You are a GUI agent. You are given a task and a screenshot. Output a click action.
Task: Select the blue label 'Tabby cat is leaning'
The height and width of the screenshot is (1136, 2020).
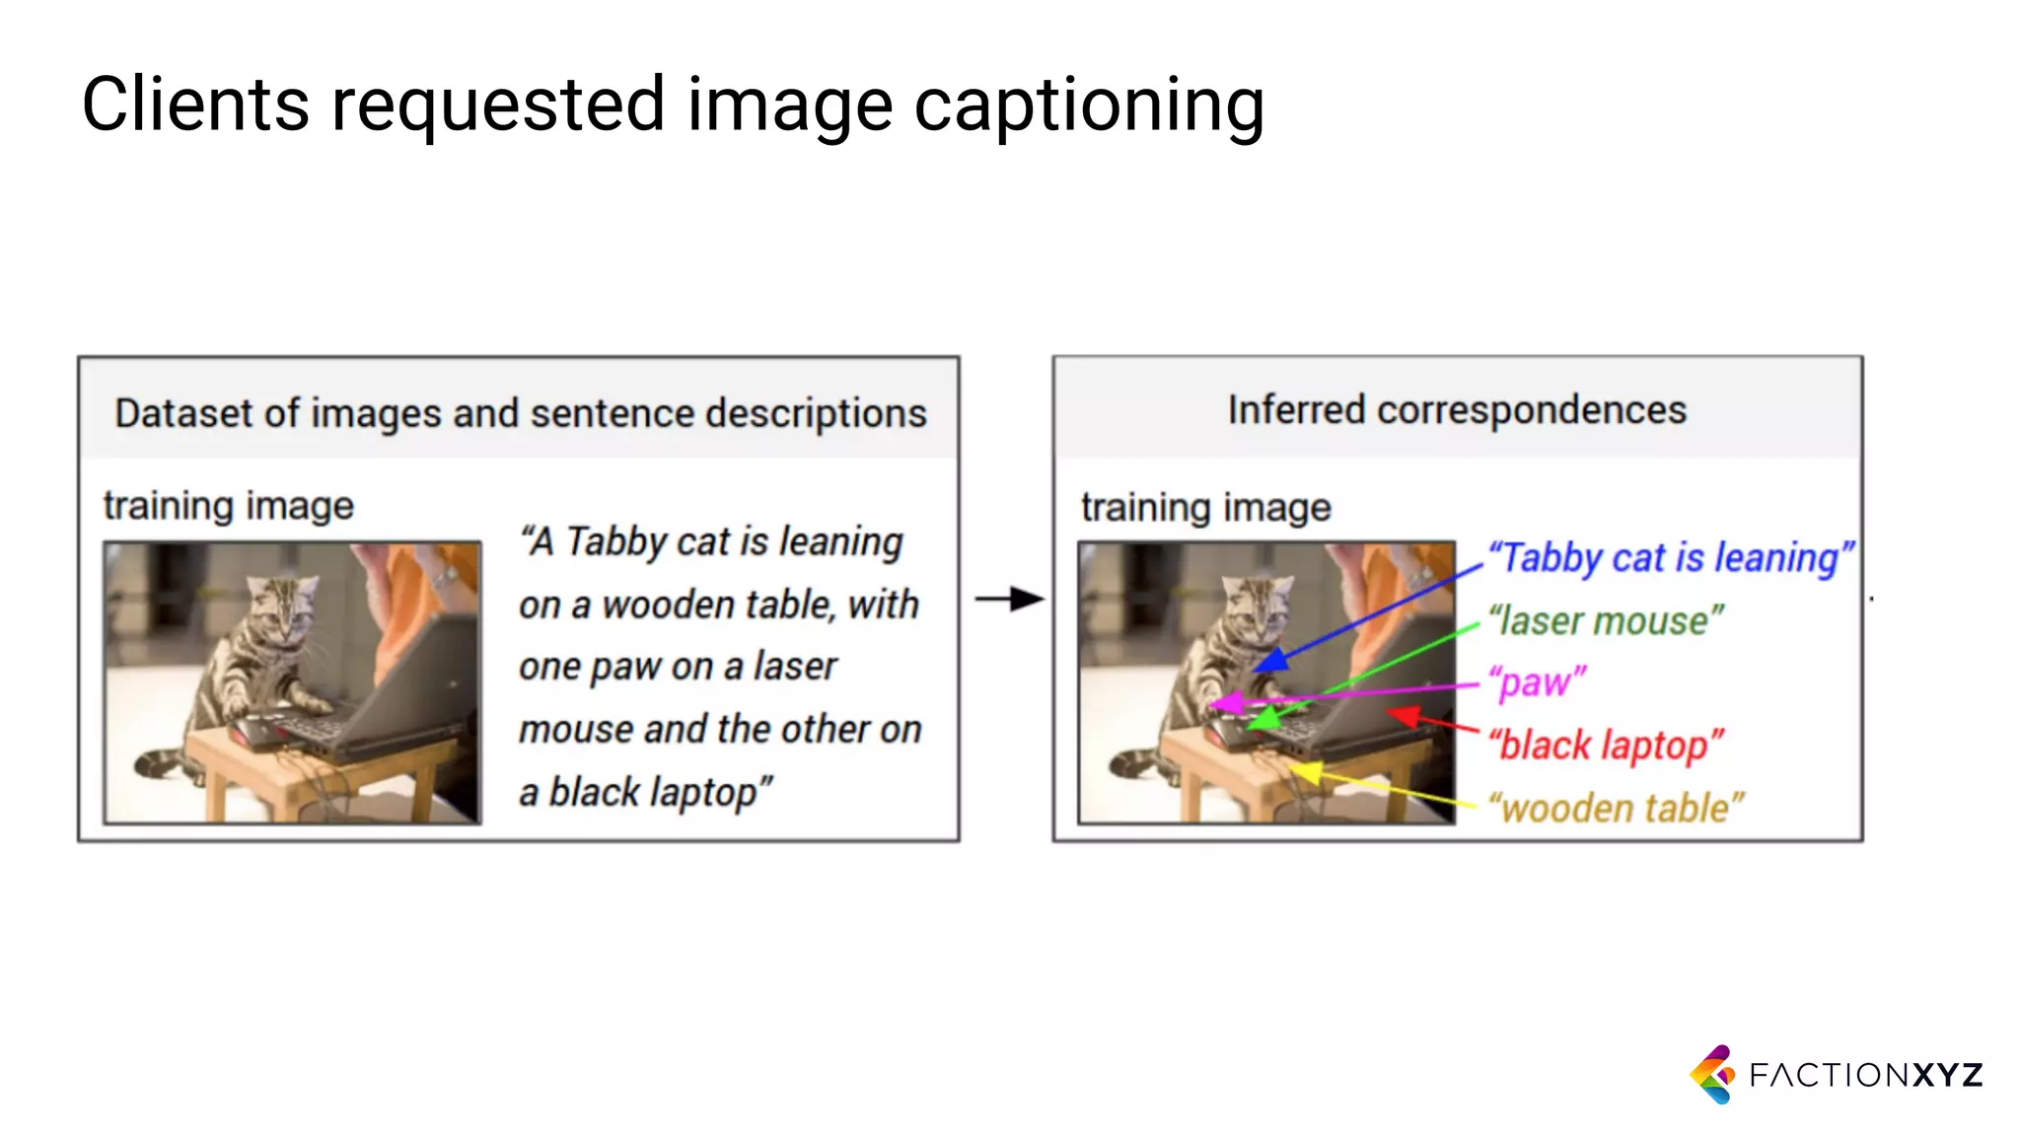1670,558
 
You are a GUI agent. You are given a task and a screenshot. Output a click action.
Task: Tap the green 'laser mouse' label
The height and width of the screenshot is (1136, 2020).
1606,621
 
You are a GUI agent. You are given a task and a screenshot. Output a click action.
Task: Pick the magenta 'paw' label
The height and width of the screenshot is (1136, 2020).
1537,682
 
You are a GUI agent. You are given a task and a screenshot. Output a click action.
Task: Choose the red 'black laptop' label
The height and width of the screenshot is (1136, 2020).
1606,745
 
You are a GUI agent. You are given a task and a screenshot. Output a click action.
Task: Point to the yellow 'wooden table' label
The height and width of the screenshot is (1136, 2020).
1616,809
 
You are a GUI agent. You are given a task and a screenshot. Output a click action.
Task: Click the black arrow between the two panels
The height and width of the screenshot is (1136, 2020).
1009,599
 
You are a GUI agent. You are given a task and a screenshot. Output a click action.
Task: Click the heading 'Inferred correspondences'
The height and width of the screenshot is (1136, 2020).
1457,410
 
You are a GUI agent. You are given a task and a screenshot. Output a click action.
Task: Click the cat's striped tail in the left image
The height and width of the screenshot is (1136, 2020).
158,762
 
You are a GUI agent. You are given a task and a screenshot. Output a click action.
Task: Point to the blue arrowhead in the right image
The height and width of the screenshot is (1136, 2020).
1273,660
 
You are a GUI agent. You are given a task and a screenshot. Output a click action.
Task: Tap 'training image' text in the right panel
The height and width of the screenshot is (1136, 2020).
1205,508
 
